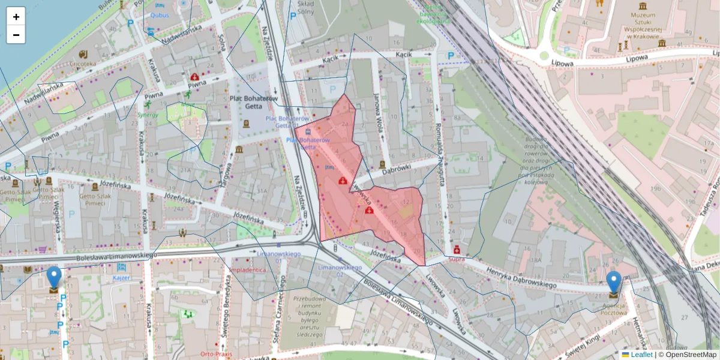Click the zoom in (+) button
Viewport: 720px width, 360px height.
[x=16, y=17]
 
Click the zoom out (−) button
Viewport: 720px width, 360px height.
[x=16, y=35]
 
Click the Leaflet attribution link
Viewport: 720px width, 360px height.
[x=641, y=355]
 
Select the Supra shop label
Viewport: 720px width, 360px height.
[x=457, y=260]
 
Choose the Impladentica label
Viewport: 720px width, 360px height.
[x=247, y=270]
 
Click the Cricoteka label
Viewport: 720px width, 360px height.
[x=82, y=63]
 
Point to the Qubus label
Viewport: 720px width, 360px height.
[x=160, y=16]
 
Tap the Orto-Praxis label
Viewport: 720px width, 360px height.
[x=216, y=353]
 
